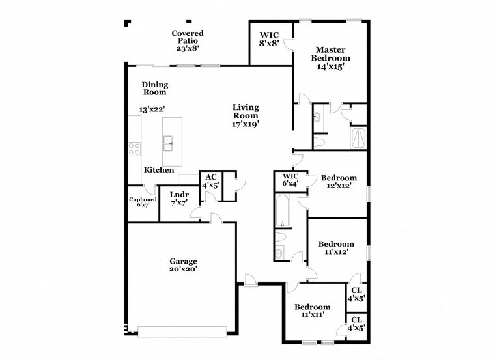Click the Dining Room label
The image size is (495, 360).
[155, 88]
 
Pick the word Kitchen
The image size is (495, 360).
[159, 170]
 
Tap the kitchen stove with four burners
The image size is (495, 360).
[134, 149]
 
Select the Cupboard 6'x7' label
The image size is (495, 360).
[143, 202]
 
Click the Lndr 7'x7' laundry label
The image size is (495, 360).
[179, 199]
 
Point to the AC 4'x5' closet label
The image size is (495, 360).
[210, 181]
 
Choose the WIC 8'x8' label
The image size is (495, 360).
[270, 39]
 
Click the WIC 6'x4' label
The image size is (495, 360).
[290, 180]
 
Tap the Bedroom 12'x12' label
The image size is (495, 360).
[339, 182]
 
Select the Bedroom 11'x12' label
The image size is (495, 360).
[336, 249]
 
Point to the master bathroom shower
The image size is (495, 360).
[358, 137]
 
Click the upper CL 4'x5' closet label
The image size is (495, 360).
[356, 295]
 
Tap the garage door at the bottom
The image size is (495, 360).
[179, 331]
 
